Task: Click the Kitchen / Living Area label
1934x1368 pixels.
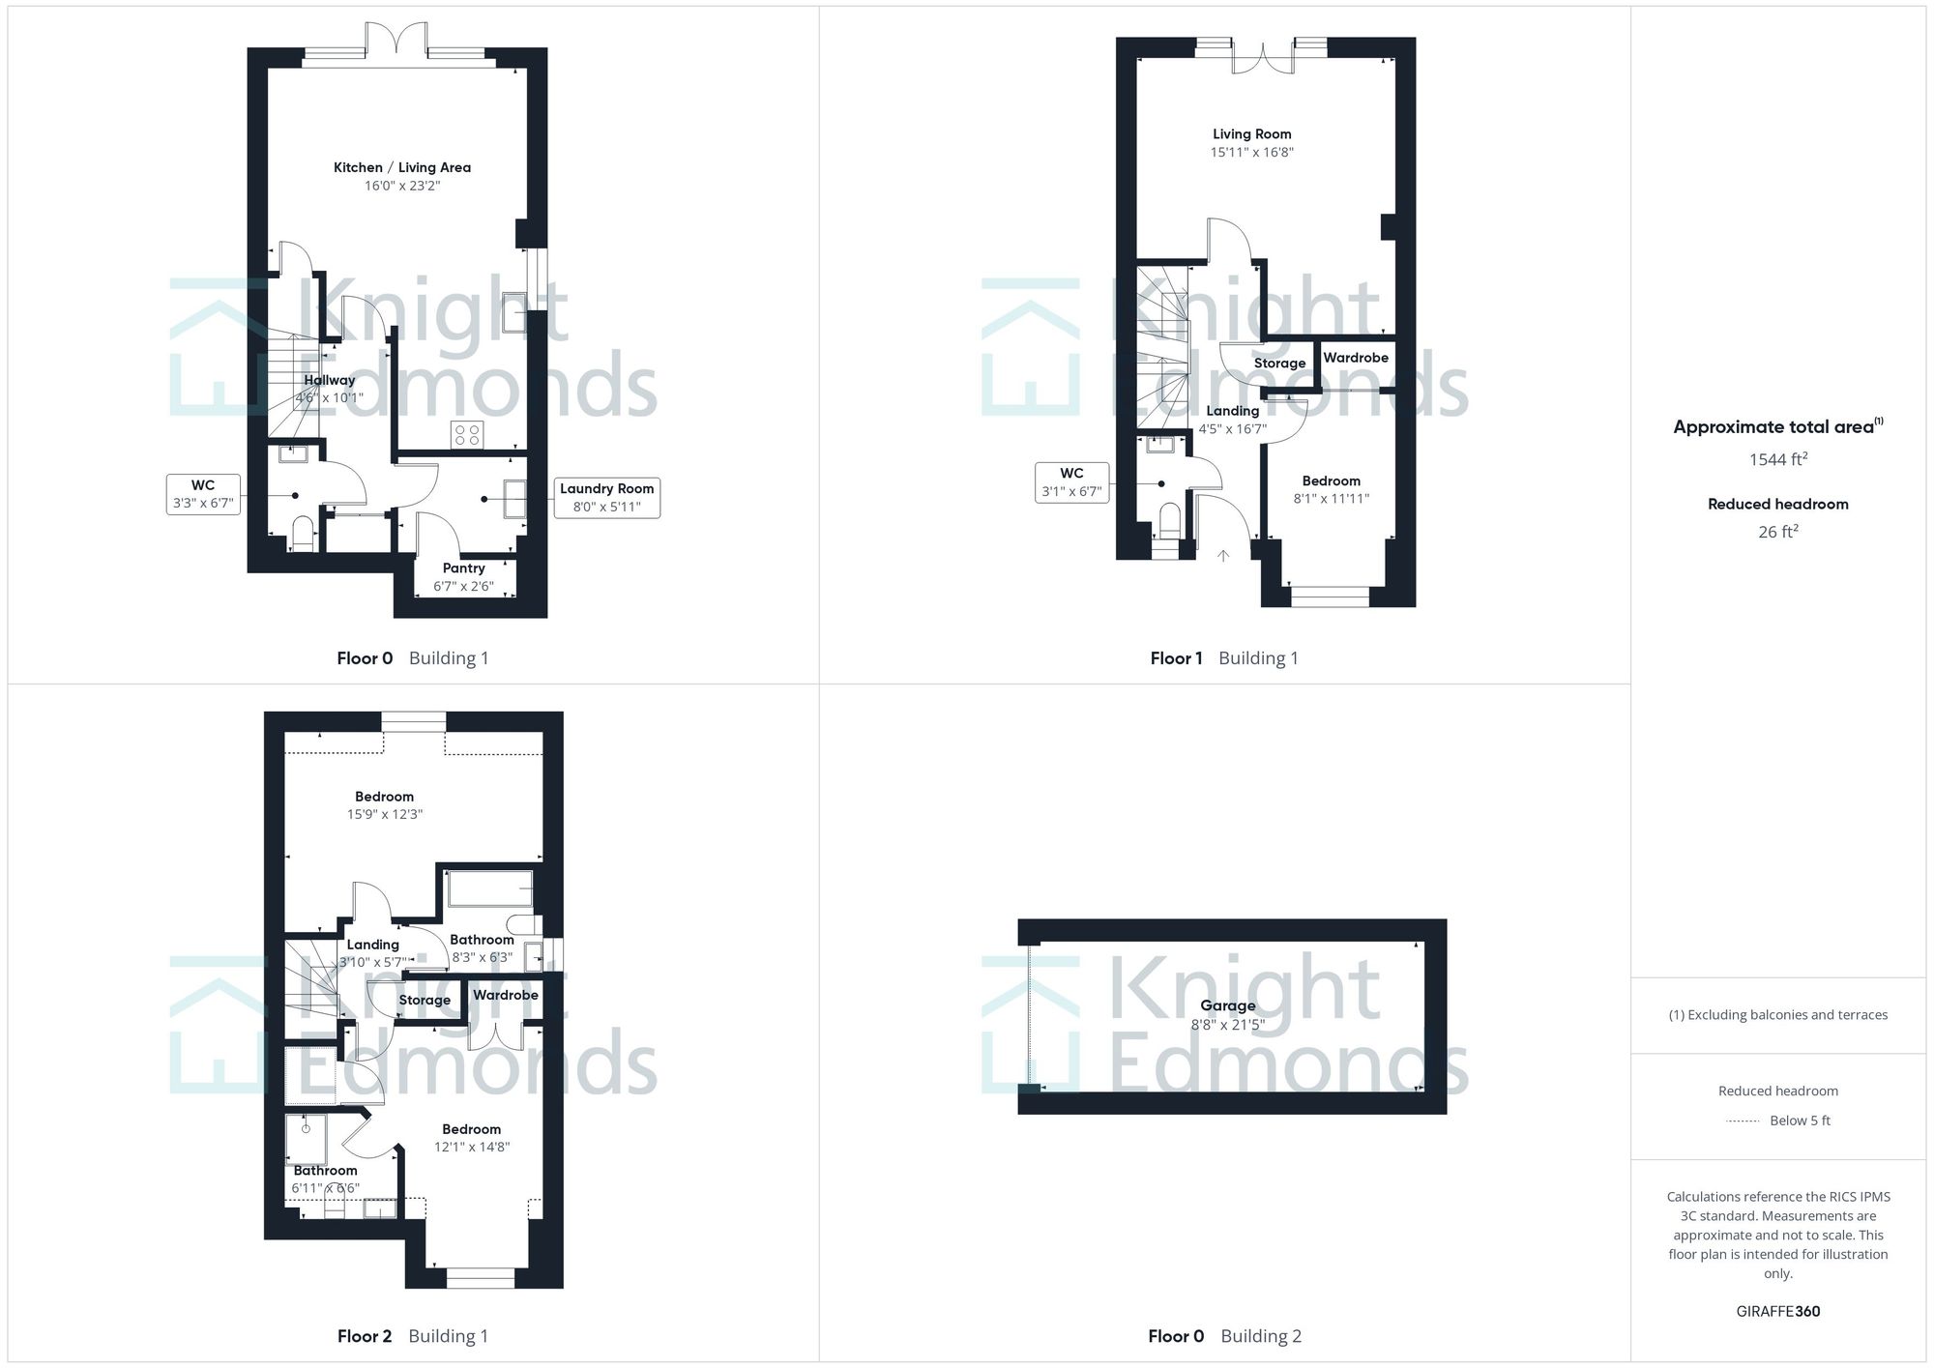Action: (401, 167)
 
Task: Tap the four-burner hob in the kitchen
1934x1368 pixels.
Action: (467, 435)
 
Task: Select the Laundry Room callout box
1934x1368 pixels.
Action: (606, 498)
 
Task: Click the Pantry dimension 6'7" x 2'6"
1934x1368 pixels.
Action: (463, 586)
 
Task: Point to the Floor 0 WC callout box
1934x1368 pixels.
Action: (203, 494)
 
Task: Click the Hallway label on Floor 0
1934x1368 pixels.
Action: (329, 380)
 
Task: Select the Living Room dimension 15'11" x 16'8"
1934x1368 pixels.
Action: (1251, 152)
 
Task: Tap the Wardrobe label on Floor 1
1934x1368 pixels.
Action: (1355, 358)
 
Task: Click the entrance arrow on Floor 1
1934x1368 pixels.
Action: (1222, 556)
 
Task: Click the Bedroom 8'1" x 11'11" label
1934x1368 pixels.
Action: (1331, 480)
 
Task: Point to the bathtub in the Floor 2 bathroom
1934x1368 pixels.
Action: (489, 888)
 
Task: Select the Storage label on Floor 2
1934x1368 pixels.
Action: (425, 1000)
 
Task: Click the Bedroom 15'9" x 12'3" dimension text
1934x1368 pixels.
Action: (384, 814)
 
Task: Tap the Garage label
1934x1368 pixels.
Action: (1227, 1005)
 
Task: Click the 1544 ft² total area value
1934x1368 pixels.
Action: (1777, 459)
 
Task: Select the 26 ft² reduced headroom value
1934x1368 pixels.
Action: (1777, 532)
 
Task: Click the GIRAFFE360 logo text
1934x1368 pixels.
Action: (1777, 1311)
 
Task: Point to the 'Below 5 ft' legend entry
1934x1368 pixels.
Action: (1799, 1121)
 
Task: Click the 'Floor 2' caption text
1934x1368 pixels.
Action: (365, 1336)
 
